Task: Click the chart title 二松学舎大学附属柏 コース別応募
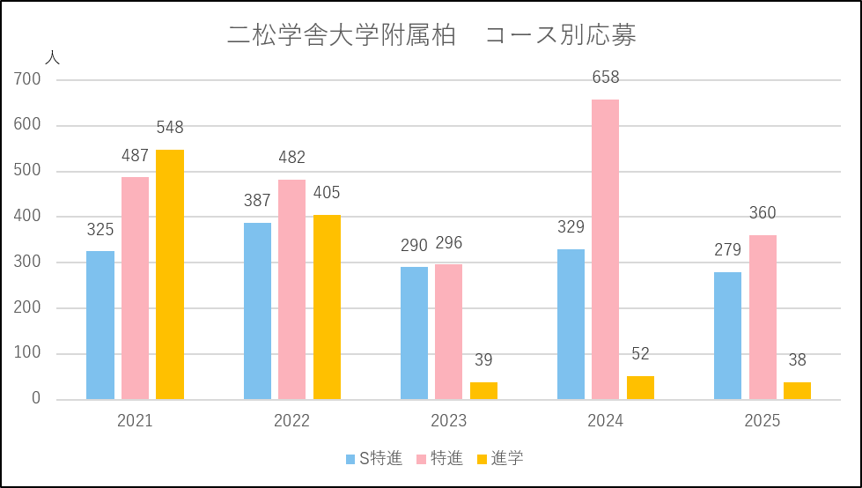point(431,36)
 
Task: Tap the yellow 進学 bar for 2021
point(170,274)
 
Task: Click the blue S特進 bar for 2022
point(257,311)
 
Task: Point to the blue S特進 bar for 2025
point(727,336)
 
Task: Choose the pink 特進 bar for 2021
point(136,288)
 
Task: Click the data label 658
point(605,78)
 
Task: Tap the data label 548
point(170,128)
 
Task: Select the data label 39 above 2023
point(483,360)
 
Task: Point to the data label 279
point(727,250)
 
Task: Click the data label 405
point(327,193)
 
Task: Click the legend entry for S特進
point(375,458)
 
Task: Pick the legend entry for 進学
point(499,458)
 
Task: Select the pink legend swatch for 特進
point(421,459)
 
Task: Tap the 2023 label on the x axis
point(449,421)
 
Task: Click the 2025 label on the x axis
point(763,421)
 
